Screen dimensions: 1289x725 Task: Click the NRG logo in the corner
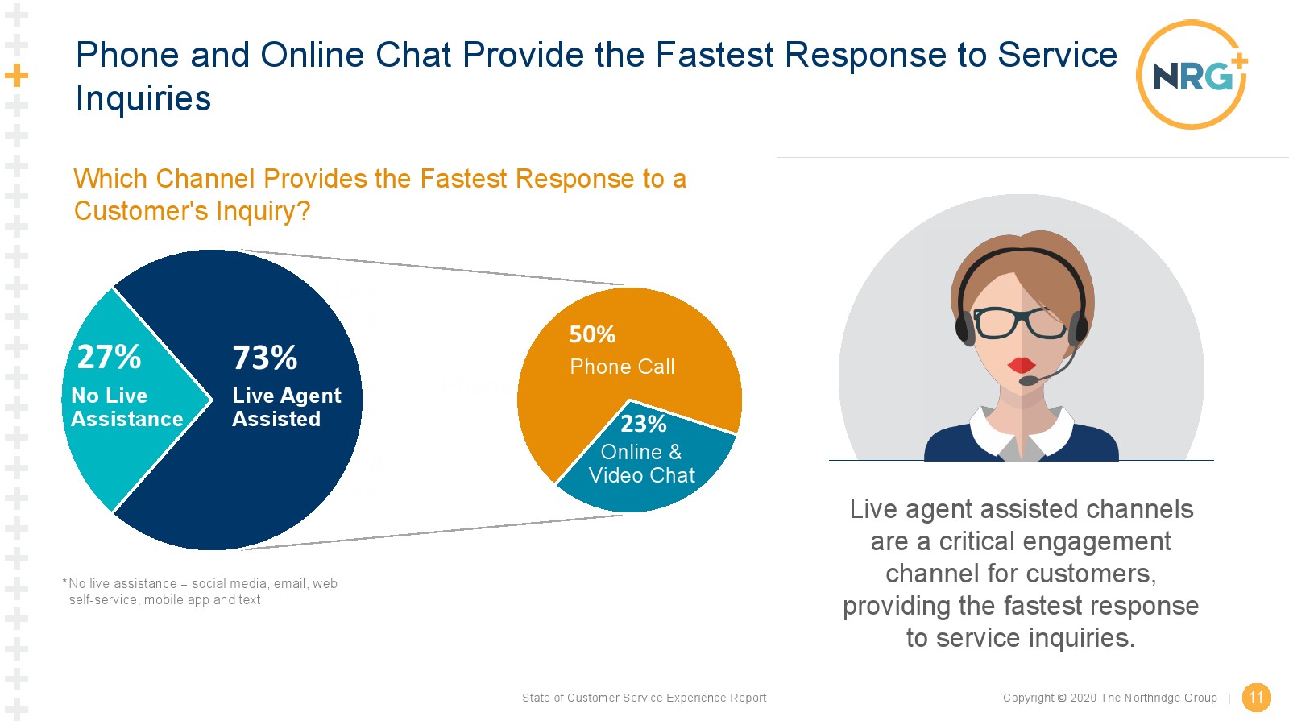[x=1192, y=75]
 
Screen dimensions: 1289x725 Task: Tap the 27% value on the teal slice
[x=109, y=357]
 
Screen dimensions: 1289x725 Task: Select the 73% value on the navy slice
[x=265, y=358]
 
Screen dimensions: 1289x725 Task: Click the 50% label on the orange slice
[x=592, y=334]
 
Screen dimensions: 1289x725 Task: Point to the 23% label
[x=644, y=424]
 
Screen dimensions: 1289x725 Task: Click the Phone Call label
[x=622, y=367]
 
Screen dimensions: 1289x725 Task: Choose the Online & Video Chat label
[x=641, y=464]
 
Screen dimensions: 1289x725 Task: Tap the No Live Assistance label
[x=126, y=407]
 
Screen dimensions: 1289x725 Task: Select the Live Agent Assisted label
[x=287, y=407]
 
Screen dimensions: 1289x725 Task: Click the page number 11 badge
[x=1256, y=698]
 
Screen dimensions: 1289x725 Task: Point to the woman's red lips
[x=1022, y=365]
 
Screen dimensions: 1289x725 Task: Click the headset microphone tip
[x=1028, y=380]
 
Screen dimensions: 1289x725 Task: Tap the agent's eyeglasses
[x=1018, y=323]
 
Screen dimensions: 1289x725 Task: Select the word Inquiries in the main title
[x=143, y=97]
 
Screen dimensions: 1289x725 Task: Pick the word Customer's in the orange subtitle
[x=141, y=210]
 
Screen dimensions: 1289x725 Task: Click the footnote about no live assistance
[x=200, y=591]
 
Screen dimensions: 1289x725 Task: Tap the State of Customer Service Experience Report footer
[x=644, y=698]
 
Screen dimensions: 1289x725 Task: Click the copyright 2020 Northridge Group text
[x=1110, y=698]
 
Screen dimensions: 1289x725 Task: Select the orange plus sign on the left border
[x=16, y=76]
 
